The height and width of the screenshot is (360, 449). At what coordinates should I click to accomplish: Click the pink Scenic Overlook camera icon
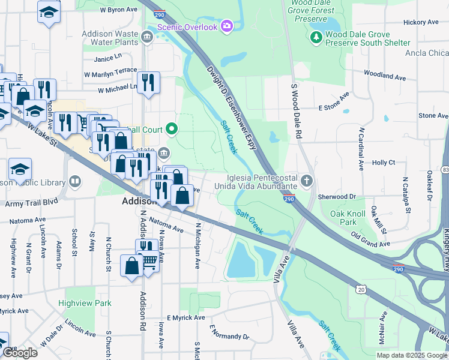point(227,26)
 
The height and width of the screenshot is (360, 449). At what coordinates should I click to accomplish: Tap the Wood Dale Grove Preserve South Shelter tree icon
point(316,38)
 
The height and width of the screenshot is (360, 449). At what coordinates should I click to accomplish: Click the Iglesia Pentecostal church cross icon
point(307,181)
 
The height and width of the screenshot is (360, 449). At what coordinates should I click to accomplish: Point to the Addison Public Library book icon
point(75,181)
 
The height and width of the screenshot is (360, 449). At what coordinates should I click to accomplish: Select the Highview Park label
point(85,304)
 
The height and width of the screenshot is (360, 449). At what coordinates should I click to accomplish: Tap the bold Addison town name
point(139,202)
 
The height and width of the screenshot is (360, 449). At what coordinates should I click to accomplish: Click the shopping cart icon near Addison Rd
point(151,260)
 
